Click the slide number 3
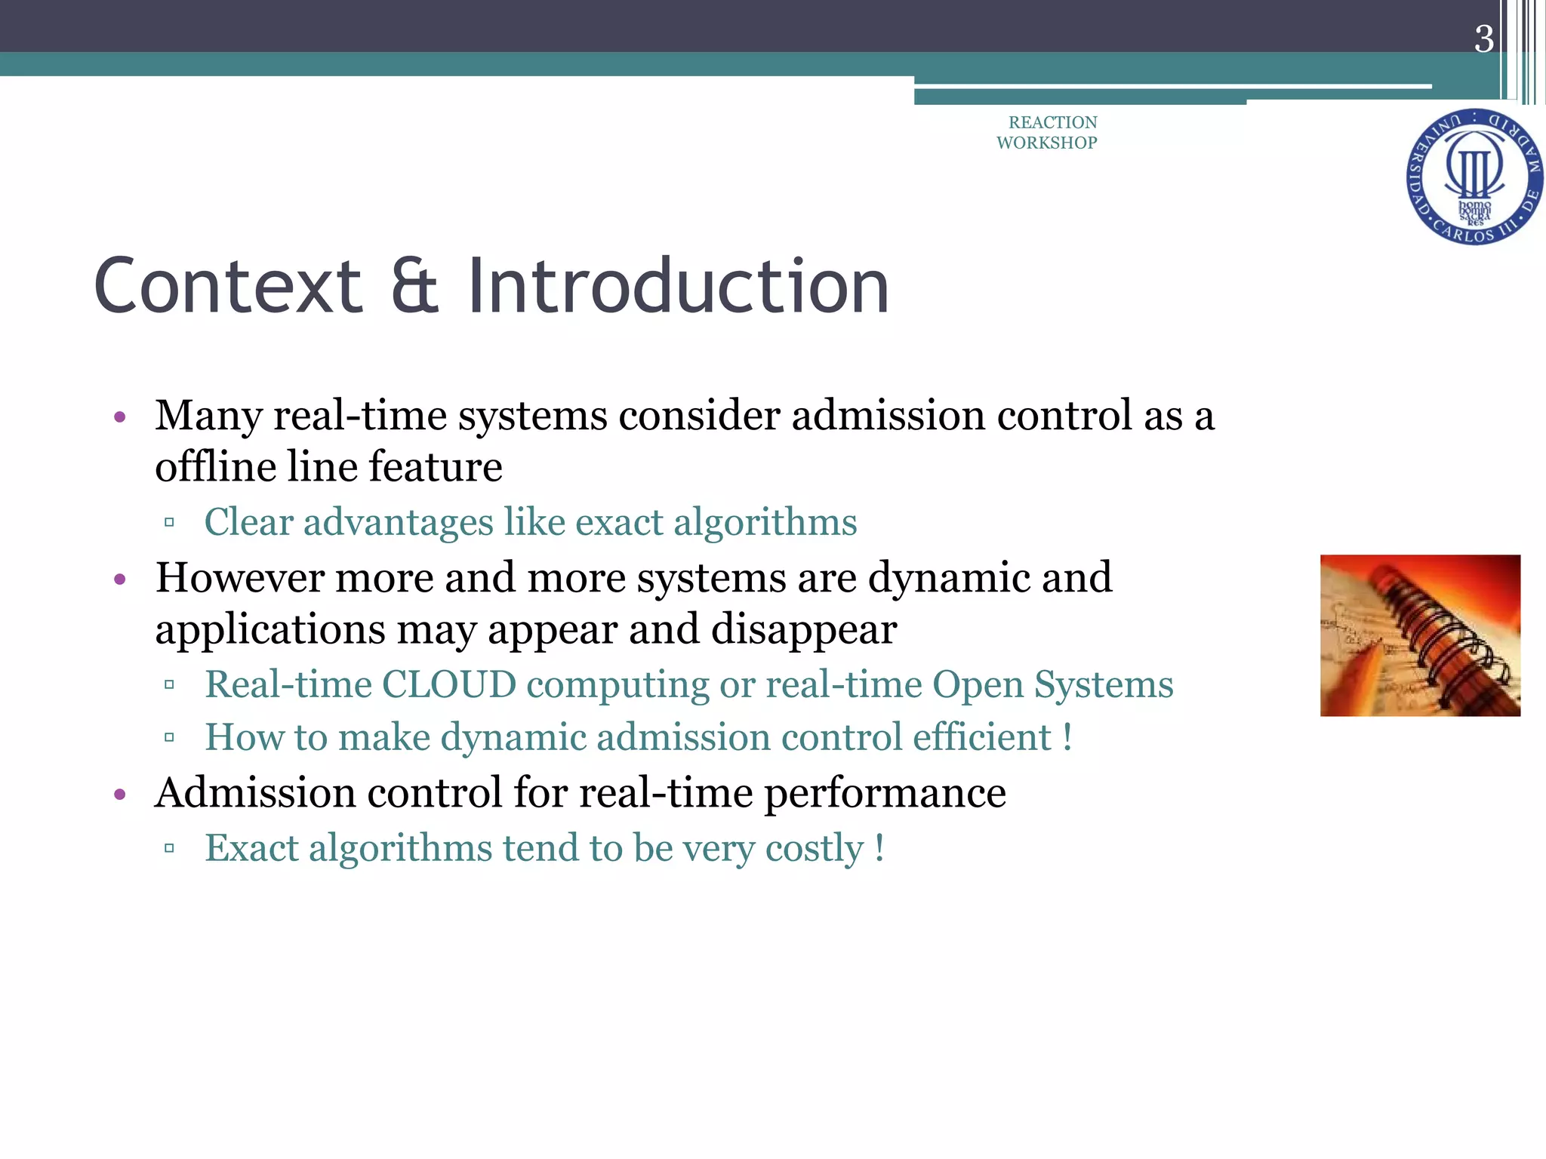(1483, 39)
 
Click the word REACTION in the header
(1052, 122)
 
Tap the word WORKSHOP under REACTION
(1046, 143)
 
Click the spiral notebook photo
(1419, 635)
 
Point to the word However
(239, 578)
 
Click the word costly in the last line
(814, 848)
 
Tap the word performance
(885, 793)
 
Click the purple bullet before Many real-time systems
(119, 417)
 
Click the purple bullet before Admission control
(119, 795)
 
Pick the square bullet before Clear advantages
(169, 522)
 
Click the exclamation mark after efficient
(1067, 737)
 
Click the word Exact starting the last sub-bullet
(251, 848)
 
